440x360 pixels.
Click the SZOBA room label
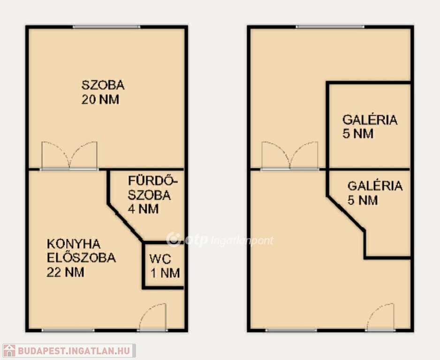[x=103, y=85]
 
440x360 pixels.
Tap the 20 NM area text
[x=100, y=99]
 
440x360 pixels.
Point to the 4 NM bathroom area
[x=143, y=209]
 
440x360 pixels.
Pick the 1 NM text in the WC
[x=165, y=273]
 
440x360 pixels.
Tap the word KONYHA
[x=74, y=244]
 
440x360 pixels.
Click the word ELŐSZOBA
[x=81, y=258]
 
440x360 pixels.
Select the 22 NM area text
[x=65, y=272]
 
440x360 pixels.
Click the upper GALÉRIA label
[x=370, y=120]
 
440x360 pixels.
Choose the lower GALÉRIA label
[x=375, y=186]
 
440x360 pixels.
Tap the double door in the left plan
[x=69, y=156]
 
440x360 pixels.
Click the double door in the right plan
[x=289, y=156]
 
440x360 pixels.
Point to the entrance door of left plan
[x=152, y=317]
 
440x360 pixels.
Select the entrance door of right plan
[x=380, y=317]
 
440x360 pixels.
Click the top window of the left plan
[x=106, y=27]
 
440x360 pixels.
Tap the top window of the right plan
[x=330, y=27]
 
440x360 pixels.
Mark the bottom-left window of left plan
[x=68, y=330]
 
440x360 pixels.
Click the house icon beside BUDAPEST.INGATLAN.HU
[x=9, y=351]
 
